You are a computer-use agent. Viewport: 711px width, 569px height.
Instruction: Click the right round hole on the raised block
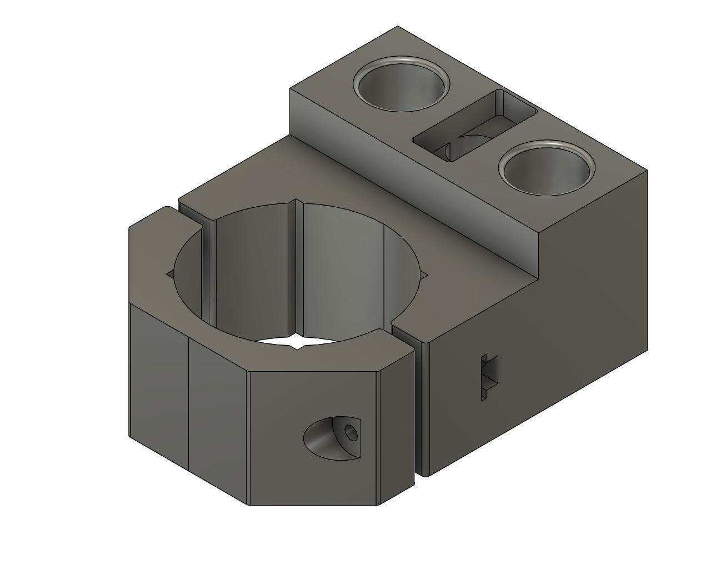(x=547, y=169)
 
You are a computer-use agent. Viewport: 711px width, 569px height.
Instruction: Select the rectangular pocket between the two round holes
(x=475, y=125)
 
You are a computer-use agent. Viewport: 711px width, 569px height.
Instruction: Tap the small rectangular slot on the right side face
(x=489, y=377)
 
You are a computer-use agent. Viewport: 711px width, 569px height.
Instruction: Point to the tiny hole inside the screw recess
(x=351, y=432)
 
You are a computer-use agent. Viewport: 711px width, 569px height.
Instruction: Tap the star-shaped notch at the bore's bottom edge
(x=298, y=344)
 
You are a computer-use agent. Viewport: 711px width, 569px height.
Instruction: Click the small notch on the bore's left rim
(x=171, y=273)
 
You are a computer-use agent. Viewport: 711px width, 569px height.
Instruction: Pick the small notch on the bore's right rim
(x=424, y=275)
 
